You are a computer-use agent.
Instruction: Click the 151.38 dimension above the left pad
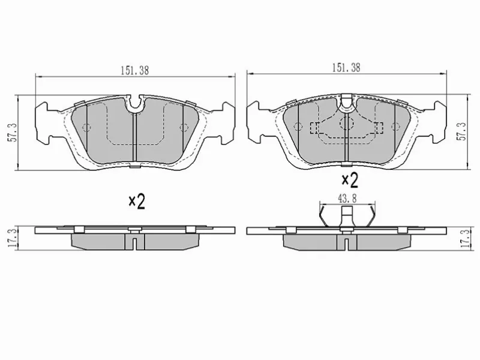click(134, 71)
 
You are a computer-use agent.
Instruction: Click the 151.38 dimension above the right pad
click(346, 68)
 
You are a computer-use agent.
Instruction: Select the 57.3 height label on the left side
click(12, 133)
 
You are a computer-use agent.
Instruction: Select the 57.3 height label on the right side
click(461, 131)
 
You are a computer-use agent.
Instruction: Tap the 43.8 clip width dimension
click(347, 199)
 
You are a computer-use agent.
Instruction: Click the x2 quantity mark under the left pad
click(137, 202)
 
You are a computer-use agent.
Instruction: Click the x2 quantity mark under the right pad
click(350, 181)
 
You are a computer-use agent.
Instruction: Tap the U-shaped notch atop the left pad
click(134, 106)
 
